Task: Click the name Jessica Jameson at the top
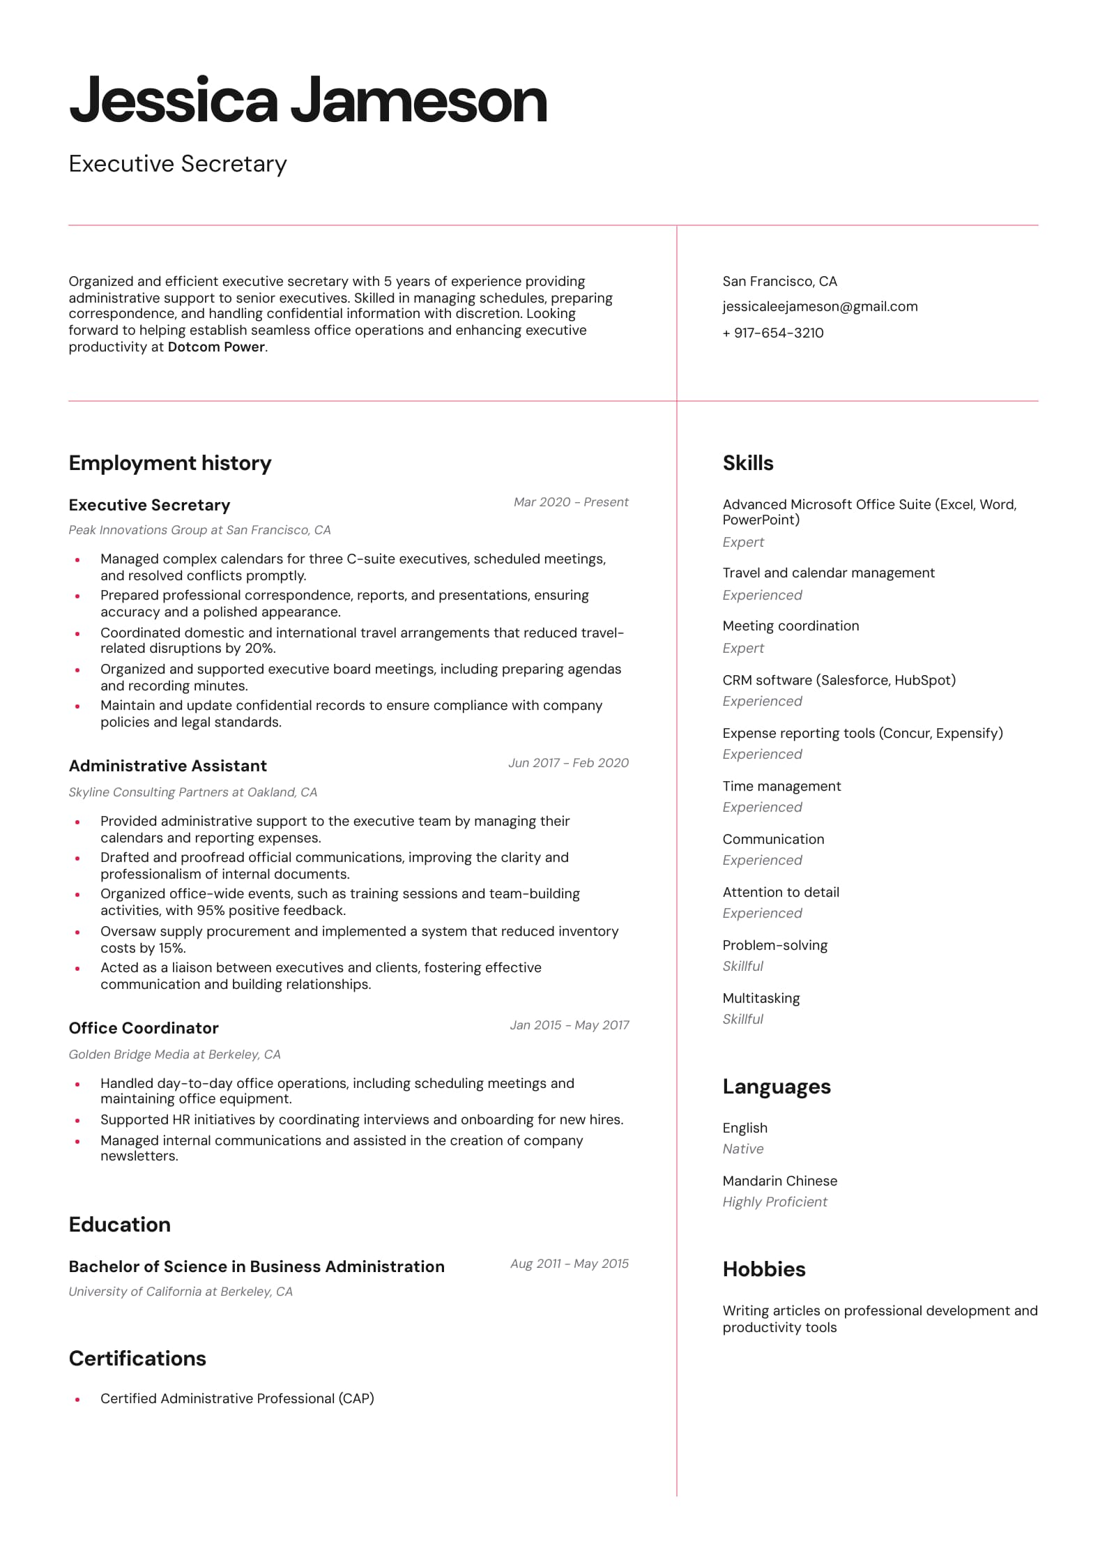click(x=307, y=101)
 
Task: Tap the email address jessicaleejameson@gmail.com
click(x=820, y=307)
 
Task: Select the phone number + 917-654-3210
click(x=772, y=333)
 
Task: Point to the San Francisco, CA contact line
click(x=779, y=282)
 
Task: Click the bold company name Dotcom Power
click(x=216, y=347)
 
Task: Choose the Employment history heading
click(x=169, y=463)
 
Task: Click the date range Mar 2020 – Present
click(x=570, y=502)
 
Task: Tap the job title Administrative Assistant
click(x=167, y=766)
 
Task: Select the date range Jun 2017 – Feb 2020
click(x=568, y=763)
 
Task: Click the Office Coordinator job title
click(x=144, y=1028)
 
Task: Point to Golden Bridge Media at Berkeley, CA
click(x=174, y=1054)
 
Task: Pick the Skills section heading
click(x=747, y=463)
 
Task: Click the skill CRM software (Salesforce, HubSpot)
click(x=839, y=680)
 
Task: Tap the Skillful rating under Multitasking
click(x=742, y=1019)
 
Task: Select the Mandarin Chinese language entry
click(x=779, y=1181)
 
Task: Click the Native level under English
click(x=742, y=1149)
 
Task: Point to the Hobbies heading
click(x=763, y=1269)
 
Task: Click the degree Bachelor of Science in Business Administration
click(x=256, y=1267)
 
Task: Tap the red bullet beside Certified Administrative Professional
click(x=77, y=1399)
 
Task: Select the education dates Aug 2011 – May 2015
click(x=569, y=1264)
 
